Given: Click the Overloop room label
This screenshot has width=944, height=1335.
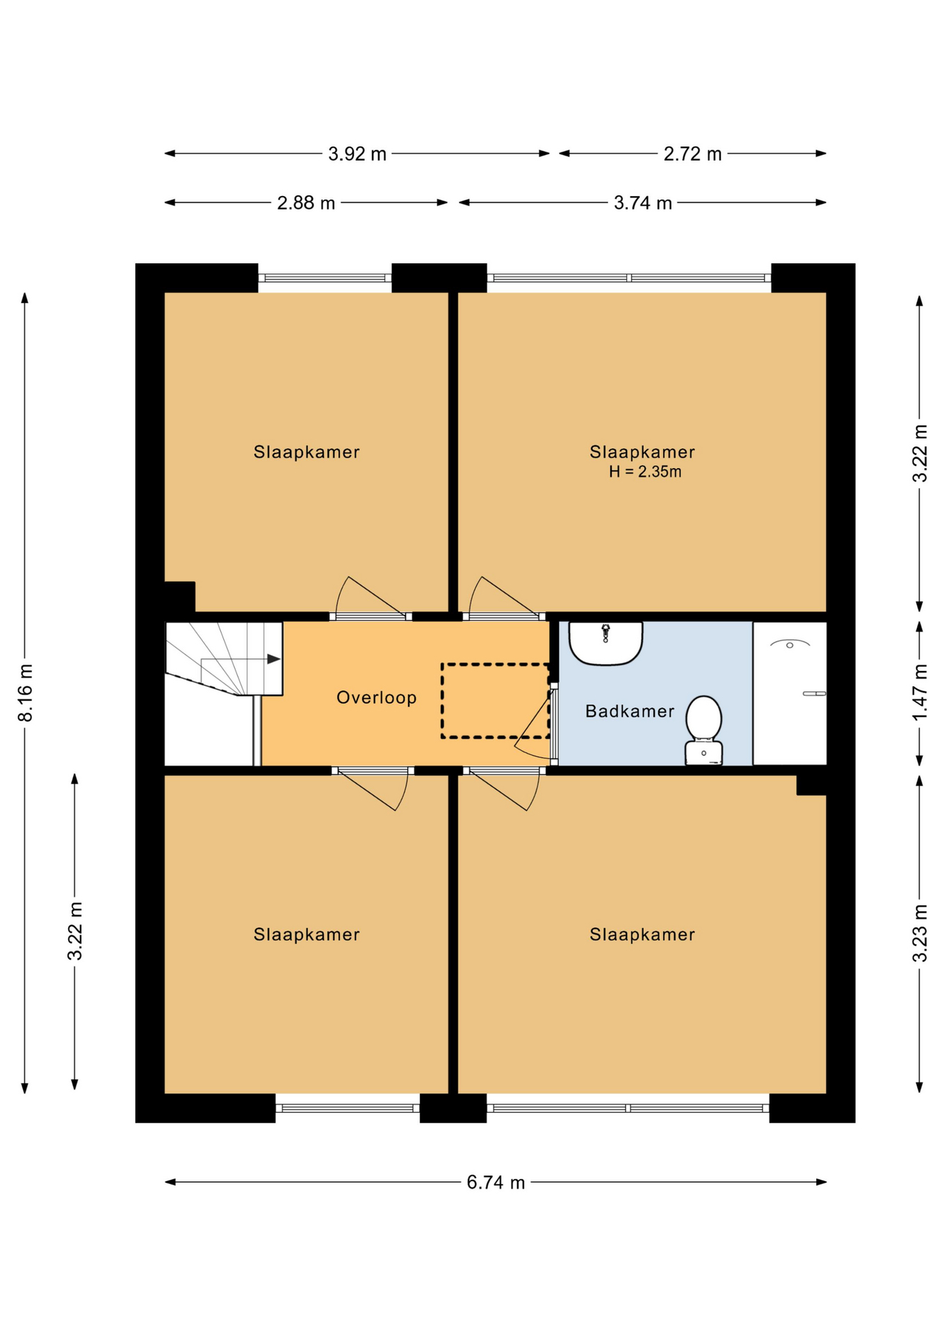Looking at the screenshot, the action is pyautogui.click(x=376, y=697).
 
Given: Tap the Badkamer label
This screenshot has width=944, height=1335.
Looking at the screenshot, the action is pyautogui.click(x=630, y=711).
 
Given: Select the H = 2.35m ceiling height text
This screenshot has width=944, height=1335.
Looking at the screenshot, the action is pyautogui.click(x=645, y=472).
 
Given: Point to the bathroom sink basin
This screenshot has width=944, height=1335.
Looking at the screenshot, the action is pyautogui.click(x=605, y=643).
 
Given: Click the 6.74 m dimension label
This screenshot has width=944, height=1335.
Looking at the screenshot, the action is pyautogui.click(x=496, y=1183).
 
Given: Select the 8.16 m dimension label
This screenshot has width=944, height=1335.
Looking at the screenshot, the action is pyautogui.click(x=25, y=693).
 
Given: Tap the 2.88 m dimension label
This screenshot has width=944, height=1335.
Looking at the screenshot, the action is pyautogui.click(x=306, y=203).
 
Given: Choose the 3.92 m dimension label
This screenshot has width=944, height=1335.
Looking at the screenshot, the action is pyautogui.click(x=357, y=154).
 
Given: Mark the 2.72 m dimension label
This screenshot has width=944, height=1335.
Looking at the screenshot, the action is pyautogui.click(x=692, y=154).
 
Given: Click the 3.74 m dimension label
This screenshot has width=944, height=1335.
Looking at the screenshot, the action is pyautogui.click(x=643, y=203).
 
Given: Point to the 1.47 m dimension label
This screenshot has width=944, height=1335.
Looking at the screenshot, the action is pyautogui.click(x=920, y=693).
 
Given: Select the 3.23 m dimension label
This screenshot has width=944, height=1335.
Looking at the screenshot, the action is pyautogui.click(x=920, y=933).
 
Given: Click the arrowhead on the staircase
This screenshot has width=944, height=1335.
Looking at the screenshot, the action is pyautogui.click(x=274, y=658).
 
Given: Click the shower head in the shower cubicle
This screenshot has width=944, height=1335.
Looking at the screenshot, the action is pyautogui.click(x=790, y=644).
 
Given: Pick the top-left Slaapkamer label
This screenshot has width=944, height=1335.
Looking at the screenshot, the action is pyautogui.click(x=307, y=452).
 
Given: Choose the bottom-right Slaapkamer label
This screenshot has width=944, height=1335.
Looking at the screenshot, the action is pyautogui.click(x=642, y=934).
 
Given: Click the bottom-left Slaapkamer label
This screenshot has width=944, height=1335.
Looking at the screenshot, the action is pyautogui.click(x=307, y=934).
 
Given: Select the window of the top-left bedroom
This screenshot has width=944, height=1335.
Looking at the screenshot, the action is pyautogui.click(x=325, y=278).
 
